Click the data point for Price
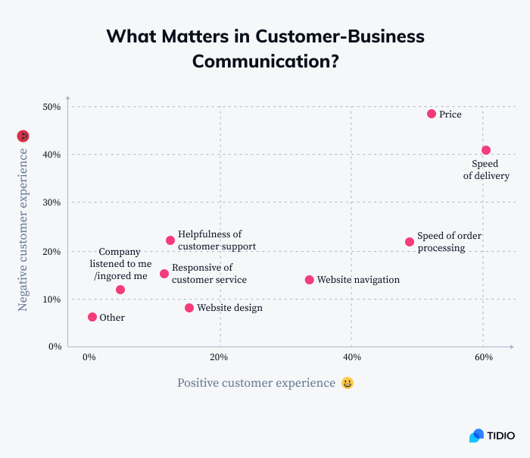tap(432, 114)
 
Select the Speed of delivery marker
tap(486, 150)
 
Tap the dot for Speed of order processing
tap(410, 242)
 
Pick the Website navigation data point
tap(309, 280)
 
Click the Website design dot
tap(189, 308)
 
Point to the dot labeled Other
tap(92, 317)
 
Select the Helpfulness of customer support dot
tap(170, 240)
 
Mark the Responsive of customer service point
tap(164, 274)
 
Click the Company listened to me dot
tap(120, 290)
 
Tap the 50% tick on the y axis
tap(51, 107)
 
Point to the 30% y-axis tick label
tap(51, 203)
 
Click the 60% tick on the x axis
tap(484, 357)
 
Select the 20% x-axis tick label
tap(219, 357)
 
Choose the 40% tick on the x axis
tap(351, 357)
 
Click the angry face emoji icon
tap(23, 136)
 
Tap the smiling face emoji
tap(348, 383)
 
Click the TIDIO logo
tap(491, 435)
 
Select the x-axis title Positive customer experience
tap(256, 383)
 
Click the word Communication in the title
tap(265, 61)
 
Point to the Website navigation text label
tap(358, 280)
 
